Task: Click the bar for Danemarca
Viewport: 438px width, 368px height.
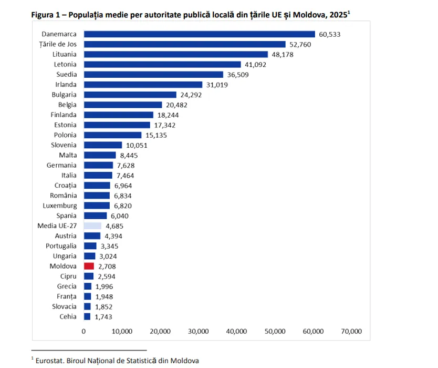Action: pos(199,34)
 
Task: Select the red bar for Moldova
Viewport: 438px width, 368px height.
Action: pos(89,267)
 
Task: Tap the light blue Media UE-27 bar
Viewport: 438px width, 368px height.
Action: pos(92,226)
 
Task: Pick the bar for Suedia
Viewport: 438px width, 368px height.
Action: pos(153,75)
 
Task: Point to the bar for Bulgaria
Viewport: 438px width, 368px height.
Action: pos(130,95)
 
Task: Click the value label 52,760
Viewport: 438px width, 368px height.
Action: pos(300,44)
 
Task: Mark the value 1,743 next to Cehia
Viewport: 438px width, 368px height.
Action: pos(103,317)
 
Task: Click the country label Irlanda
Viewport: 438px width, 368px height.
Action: pos(66,85)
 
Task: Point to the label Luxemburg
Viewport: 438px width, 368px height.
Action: pos(60,206)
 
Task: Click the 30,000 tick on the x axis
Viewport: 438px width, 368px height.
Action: pos(199,332)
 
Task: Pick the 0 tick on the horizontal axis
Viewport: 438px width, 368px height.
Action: pos(84,332)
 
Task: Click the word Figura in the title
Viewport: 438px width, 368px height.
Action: pos(44,14)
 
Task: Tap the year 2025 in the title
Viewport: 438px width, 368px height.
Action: pos(337,14)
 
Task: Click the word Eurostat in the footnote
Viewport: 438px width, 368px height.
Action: pos(52,360)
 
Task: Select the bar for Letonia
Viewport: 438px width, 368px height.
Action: pos(162,65)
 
